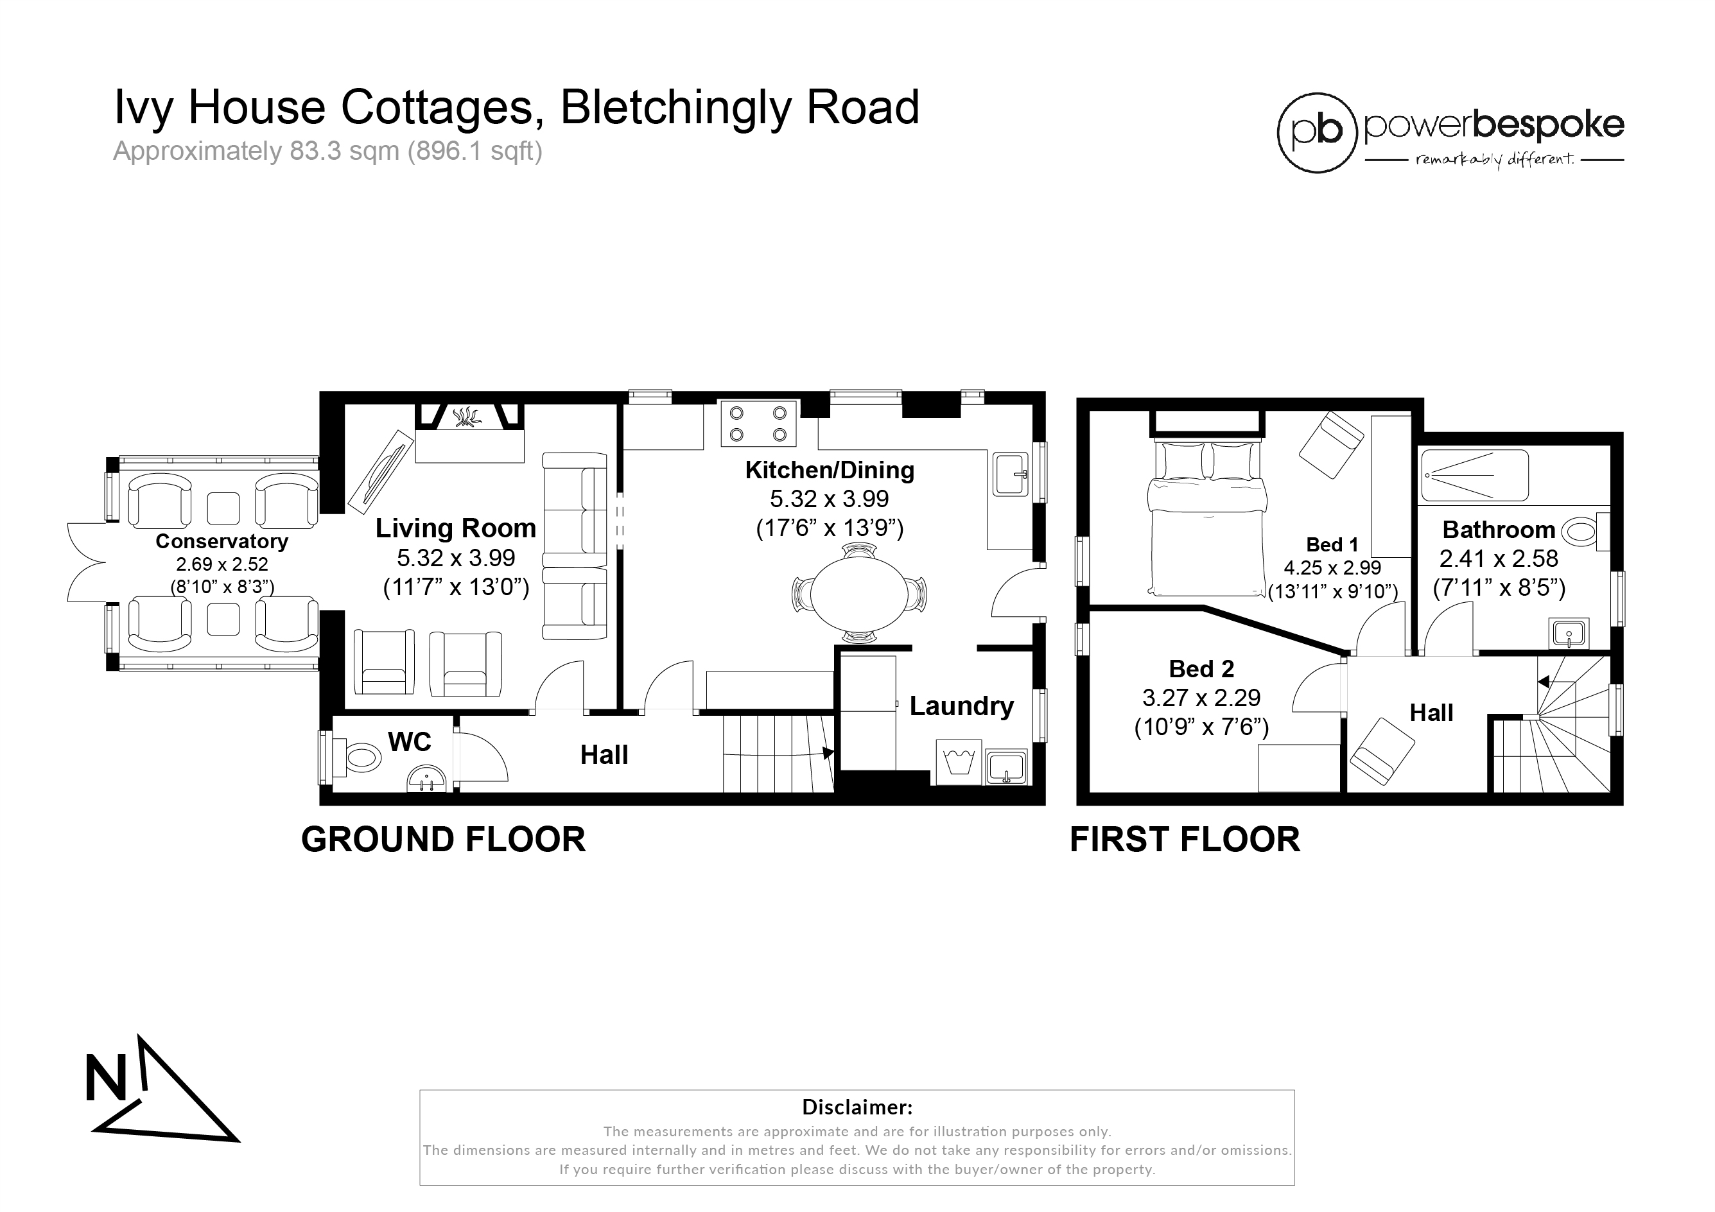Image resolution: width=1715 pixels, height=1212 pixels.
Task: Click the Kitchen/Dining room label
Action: pyautogui.click(x=829, y=471)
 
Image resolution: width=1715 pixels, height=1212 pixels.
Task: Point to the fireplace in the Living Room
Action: pyautogui.click(x=469, y=433)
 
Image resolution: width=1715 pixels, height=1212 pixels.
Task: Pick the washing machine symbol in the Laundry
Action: pyautogui.click(x=957, y=763)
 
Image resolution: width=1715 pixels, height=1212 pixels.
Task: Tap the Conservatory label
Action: pyautogui.click(x=222, y=541)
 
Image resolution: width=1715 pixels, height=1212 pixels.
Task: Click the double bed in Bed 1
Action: pyautogui.click(x=1207, y=518)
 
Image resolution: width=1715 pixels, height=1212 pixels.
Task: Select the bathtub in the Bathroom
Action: pyautogui.click(x=1474, y=475)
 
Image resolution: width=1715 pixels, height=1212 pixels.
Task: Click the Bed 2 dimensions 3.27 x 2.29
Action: pyautogui.click(x=1201, y=698)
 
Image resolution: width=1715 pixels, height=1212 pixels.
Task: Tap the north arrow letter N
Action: pyautogui.click(x=106, y=1078)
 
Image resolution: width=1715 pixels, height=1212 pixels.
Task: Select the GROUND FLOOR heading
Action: pyautogui.click(x=443, y=840)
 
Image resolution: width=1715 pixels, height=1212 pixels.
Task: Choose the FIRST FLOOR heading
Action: pyautogui.click(x=1185, y=840)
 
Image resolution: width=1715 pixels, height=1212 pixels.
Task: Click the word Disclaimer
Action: pyautogui.click(x=857, y=1107)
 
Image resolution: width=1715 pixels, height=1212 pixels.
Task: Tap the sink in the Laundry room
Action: pyautogui.click(x=1006, y=767)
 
